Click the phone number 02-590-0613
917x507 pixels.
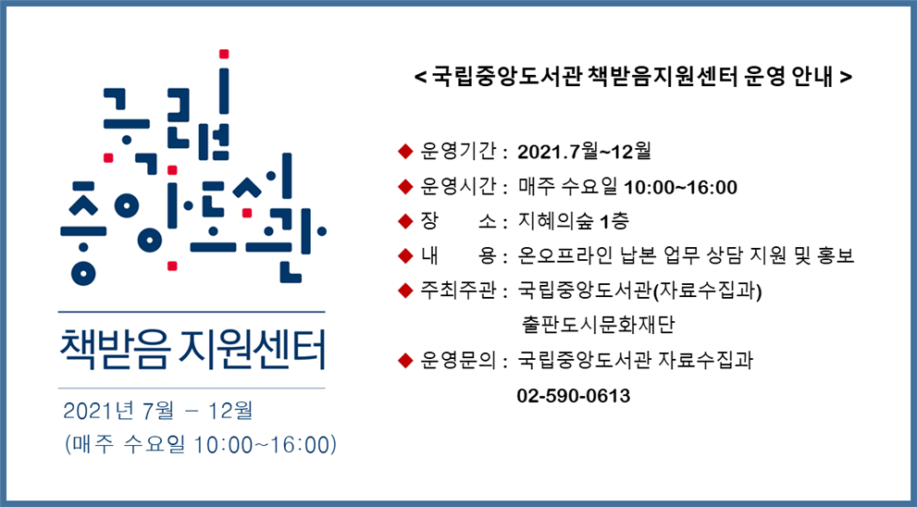pyautogui.click(x=573, y=396)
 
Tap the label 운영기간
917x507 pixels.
pyautogui.click(x=458, y=152)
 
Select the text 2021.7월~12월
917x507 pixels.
pyautogui.click(x=584, y=152)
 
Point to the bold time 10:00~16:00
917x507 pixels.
pyautogui.click(x=681, y=187)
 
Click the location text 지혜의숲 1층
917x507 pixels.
pyautogui.click(x=574, y=221)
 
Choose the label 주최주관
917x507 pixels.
pyautogui.click(x=458, y=291)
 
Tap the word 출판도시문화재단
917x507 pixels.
pyautogui.click(x=599, y=324)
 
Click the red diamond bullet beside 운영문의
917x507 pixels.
pyautogui.click(x=405, y=360)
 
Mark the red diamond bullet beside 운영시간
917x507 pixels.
pyautogui.click(x=405, y=187)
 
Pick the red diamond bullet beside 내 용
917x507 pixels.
pyautogui.click(x=405, y=255)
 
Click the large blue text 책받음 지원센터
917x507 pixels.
pyautogui.click(x=192, y=350)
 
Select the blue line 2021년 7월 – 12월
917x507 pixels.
pyautogui.click(x=158, y=411)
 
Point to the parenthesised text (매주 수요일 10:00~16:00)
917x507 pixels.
pyautogui.click(x=201, y=444)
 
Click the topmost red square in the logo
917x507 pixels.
pyautogui.click(x=223, y=55)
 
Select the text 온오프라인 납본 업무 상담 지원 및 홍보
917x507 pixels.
pyautogui.click(x=687, y=255)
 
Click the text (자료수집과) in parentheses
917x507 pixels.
pyautogui.click(x=707, y=291)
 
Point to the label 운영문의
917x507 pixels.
pyautogui.click(x=458, y=360)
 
